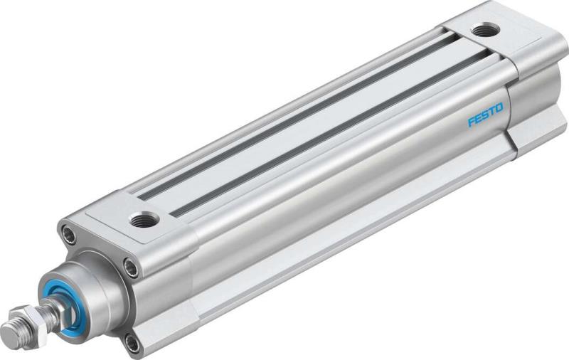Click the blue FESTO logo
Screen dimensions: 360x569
click(x=485, y=115)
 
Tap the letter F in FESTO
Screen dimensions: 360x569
click(x=471, y=122)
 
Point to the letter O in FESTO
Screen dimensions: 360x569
click(x=499, y=108)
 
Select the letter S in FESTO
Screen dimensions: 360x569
click(x=485, y=115)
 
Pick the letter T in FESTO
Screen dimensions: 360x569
click(x=491, y=111)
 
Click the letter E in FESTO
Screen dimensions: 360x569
click(x=478, y=118)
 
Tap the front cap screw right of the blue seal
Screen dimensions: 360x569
click(x=129, y=268)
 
